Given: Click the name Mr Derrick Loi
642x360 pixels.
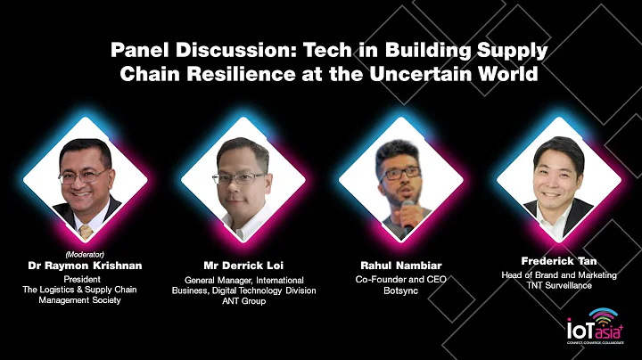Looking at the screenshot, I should click(243, 265).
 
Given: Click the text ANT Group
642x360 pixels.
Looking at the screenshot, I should click(243, 301).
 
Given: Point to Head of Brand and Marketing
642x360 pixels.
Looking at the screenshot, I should click(558, 275).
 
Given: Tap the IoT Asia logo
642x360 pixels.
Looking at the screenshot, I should click(593, 327).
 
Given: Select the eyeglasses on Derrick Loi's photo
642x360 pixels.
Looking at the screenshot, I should click(242, 177).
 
